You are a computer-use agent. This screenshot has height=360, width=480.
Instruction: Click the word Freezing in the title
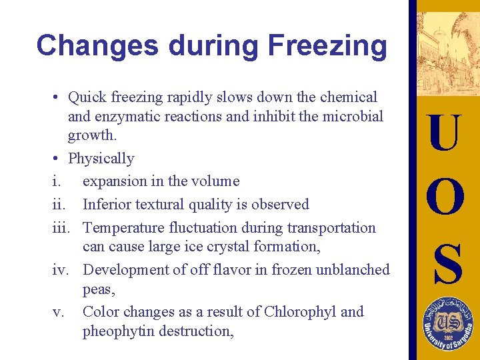(327, 46)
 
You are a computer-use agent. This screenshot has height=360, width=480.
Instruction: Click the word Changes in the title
(97, 46)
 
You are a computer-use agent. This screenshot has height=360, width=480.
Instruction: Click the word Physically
(101, 159)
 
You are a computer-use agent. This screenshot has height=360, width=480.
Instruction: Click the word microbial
(354, 117)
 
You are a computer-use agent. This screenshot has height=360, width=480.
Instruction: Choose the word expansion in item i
(115, 181)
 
